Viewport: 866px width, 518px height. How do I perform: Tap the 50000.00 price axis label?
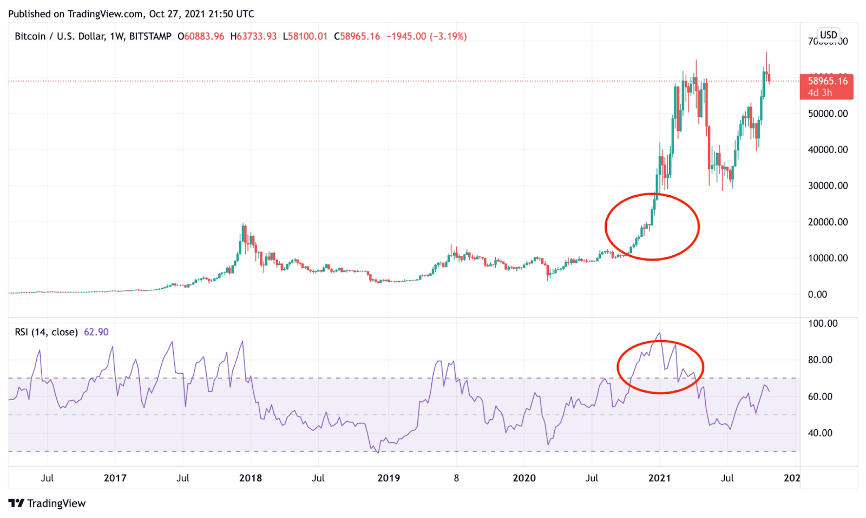pos(828,114)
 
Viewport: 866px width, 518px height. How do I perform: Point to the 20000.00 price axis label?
pos(828,222)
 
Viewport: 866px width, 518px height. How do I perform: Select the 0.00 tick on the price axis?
pos(817,294)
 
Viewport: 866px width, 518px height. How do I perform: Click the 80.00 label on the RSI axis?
pos(820,360)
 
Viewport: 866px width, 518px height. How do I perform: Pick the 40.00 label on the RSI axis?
pos(820,433)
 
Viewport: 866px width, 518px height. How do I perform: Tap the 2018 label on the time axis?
pos(250,478)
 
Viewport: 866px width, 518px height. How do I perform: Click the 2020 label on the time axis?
pos(524,478)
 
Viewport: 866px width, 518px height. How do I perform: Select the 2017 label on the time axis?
pos(115,478)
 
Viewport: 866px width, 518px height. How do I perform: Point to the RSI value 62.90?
pos(96,332)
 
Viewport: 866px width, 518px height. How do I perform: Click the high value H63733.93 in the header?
pos(253,36)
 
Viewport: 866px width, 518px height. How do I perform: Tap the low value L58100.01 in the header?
pos(305,36)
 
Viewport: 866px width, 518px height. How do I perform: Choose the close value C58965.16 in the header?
pos(357,36)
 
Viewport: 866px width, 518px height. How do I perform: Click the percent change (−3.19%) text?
pos(448,36)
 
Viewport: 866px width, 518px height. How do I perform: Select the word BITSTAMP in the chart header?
pos(150,36)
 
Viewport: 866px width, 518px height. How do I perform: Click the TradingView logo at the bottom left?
pos(48,503)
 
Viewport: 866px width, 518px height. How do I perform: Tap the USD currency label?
pos(828,35)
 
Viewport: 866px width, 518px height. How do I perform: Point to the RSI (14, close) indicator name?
pos(47,332)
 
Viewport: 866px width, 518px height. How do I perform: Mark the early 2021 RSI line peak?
pos(659,334)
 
